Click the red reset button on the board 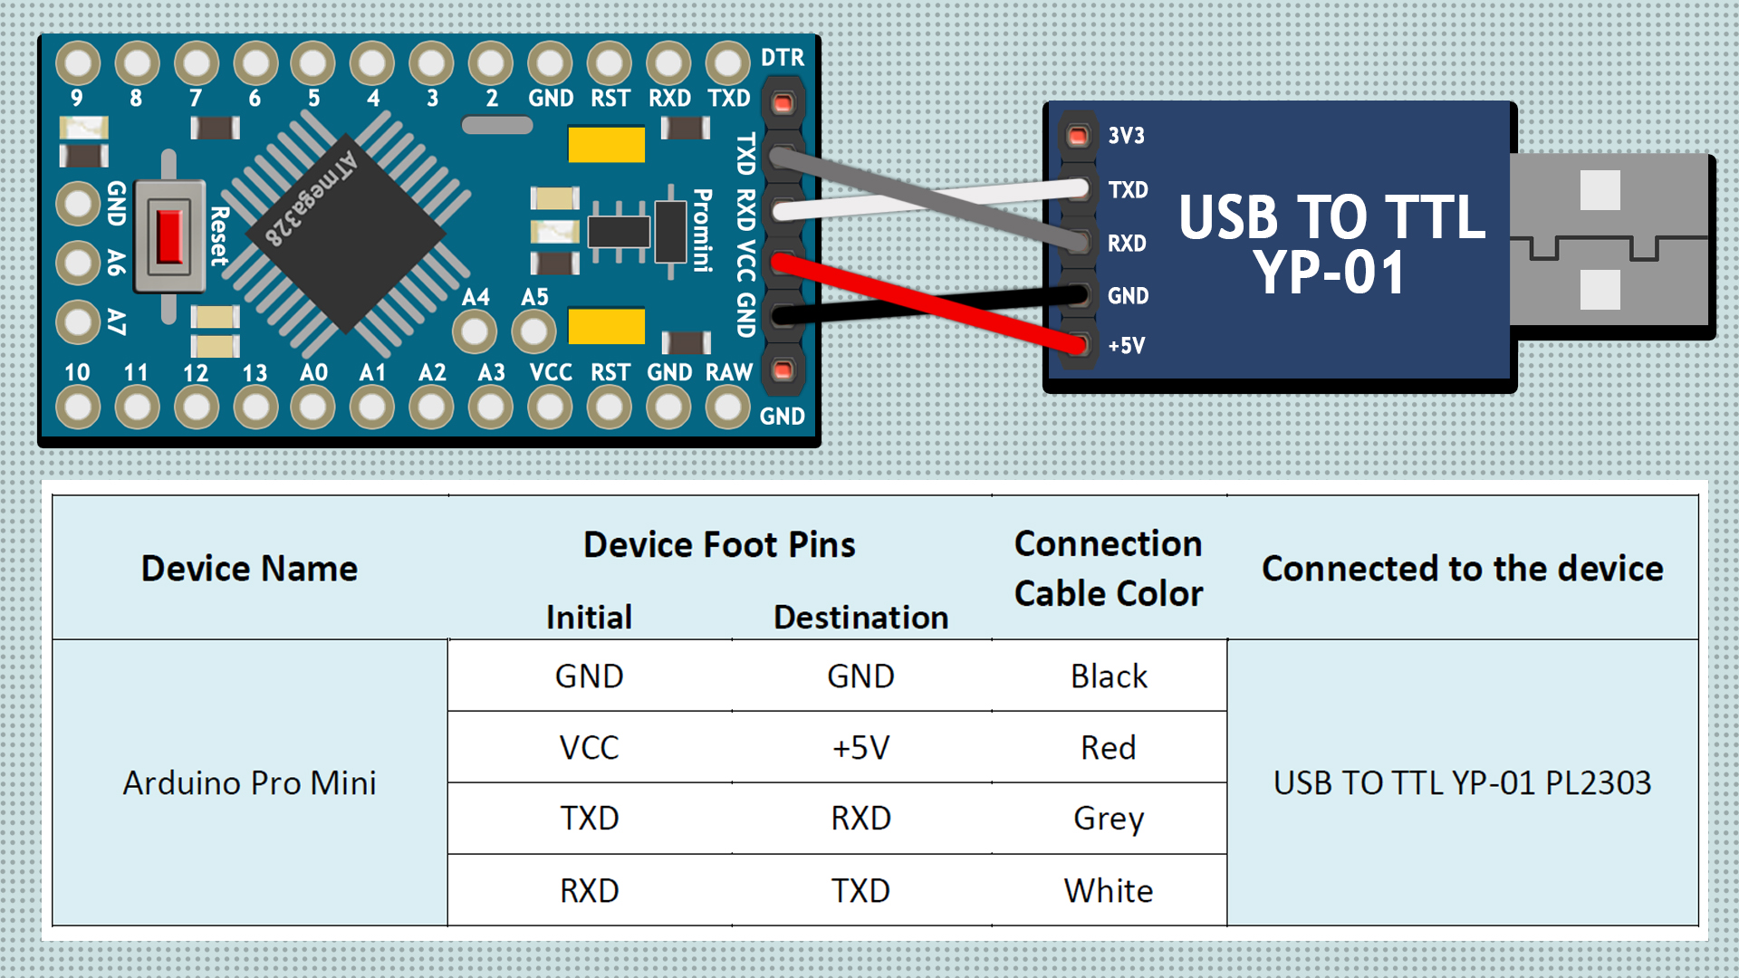[169, 235]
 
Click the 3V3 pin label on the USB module [1127, 136]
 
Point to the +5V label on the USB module [1127, 346]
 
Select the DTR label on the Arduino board [783, 58]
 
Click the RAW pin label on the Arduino [729, 372]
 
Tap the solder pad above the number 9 [78, 63]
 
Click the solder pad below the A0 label [313, 407]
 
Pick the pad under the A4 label [475, 332]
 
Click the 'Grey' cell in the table [1109, 819]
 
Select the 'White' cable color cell [1109, 891]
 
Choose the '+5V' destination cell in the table [860, 748]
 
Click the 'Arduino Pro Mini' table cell [249, 782]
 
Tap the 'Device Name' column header [249, 569]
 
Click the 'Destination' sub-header [860, 618]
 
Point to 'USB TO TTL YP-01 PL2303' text [1462, 782]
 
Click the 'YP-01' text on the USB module [1330, 272]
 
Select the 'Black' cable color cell [1109, 676]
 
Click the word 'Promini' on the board [703, 230]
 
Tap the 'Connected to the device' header [1462, 569]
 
